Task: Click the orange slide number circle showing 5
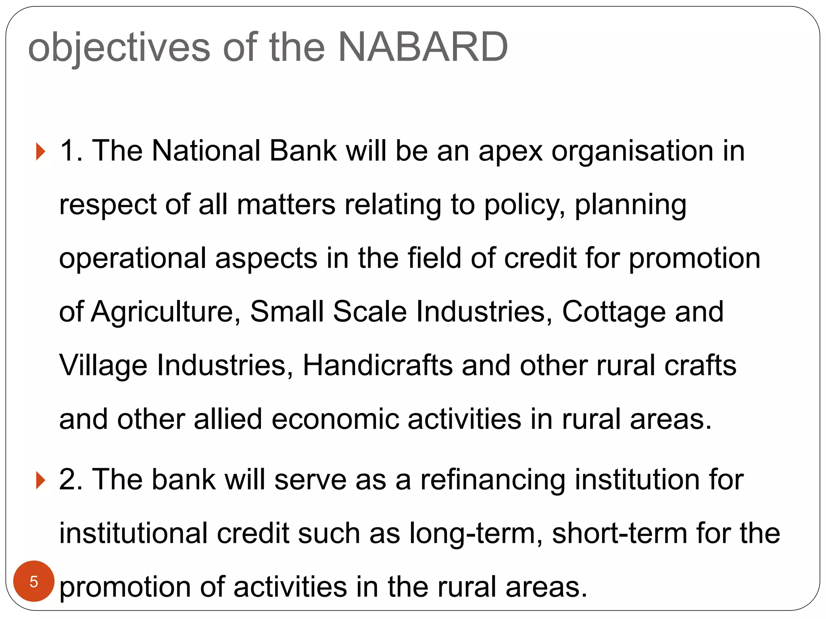(x=34, y=581)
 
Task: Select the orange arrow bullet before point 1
(x=40, y=152)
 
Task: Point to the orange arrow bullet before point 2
(x=40, y=480)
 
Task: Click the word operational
(x=133, y=259)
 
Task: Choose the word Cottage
(x=613, y=312)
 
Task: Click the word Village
(x=103, y=366)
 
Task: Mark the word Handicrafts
(x=378, y=365)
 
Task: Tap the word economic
(x=335, y=419)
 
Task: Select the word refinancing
(x=493, y=480)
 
